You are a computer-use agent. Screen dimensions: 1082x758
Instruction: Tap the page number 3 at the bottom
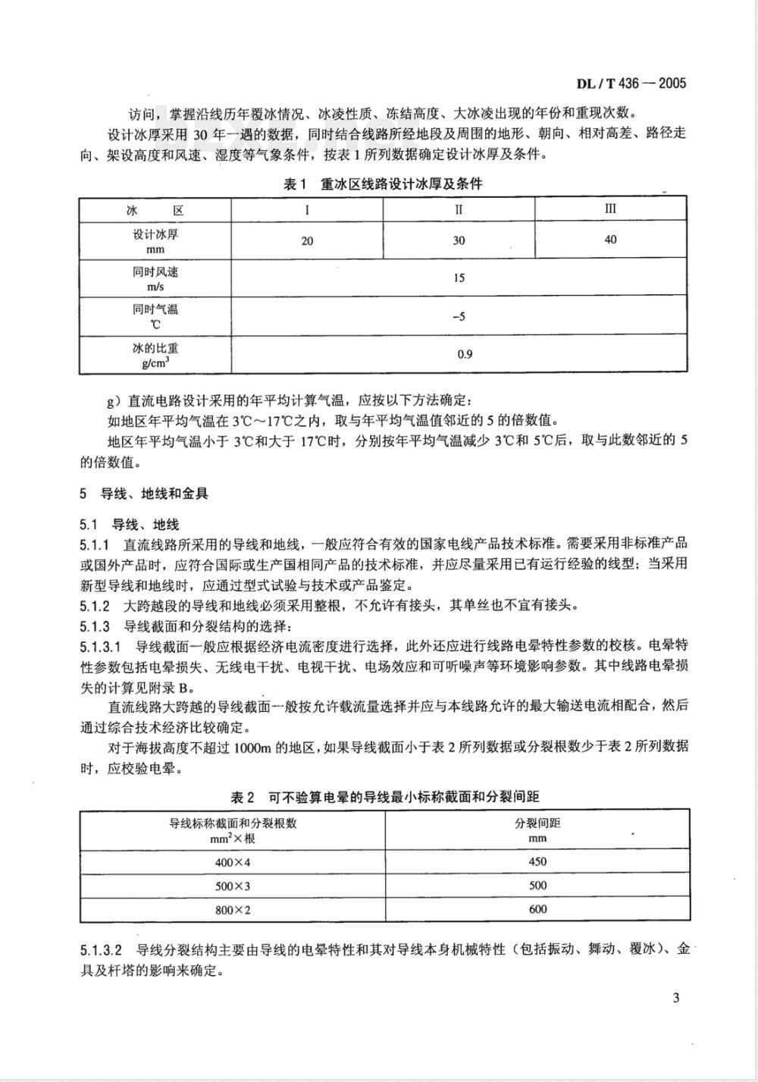675,997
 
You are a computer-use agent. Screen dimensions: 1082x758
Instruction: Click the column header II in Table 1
459,209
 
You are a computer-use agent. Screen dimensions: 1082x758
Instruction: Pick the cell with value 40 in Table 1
611,240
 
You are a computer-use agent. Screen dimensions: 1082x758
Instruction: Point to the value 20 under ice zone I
307,241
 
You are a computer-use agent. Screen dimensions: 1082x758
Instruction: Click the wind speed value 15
459,278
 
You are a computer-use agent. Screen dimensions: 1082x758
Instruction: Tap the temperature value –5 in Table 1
459,316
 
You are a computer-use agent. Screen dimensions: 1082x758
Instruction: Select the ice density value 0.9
465,354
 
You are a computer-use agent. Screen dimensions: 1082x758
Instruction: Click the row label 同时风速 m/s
155,278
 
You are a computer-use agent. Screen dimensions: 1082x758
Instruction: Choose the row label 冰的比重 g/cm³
155,354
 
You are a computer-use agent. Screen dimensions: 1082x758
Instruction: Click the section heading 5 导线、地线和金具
144,494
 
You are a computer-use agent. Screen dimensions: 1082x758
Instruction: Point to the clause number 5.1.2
96,606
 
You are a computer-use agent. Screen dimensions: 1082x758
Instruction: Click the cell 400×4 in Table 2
232,861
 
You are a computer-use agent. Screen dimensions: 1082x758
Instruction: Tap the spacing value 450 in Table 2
537,861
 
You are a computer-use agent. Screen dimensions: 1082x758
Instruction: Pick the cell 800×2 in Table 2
232,909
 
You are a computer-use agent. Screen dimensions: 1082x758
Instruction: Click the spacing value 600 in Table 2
537,909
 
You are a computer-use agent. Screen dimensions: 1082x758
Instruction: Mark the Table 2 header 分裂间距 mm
537,830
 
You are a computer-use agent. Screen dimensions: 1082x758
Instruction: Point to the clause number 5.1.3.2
101,949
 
